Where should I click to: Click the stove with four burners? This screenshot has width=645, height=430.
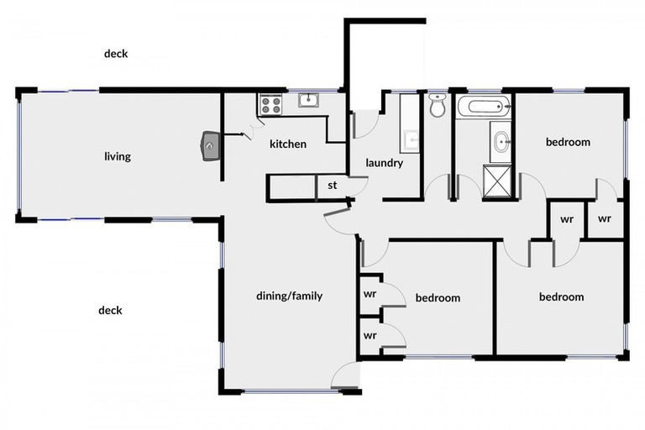tap(270, 104)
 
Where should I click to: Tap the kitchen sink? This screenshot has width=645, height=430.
tap(308, 100)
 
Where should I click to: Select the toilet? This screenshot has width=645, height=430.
tap(437, 105)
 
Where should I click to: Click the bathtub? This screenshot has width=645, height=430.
tap(484, 107)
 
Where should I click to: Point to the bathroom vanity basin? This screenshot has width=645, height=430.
tap(501, 142)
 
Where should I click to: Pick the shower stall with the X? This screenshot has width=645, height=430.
tap(497, 181)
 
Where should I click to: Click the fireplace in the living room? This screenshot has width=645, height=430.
tap(210, 145)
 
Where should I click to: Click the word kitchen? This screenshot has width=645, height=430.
tap(288, 144)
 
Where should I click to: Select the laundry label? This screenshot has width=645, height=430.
tap(384, 163)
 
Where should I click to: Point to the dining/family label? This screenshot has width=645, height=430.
tap(289, 296)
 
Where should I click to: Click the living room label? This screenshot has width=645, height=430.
tap(118, 156)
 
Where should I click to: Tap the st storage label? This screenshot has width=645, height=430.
tap(333, 186)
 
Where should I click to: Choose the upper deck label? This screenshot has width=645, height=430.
tap(116, 54)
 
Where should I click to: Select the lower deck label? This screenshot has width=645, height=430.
tap(110, 310)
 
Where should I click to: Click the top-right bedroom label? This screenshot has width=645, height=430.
tap(568, 142)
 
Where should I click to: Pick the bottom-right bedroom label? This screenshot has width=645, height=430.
tap(562, 296)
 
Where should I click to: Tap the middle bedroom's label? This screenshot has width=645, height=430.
tap(438, 297)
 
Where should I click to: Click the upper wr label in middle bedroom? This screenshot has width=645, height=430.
tap(370, 294)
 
